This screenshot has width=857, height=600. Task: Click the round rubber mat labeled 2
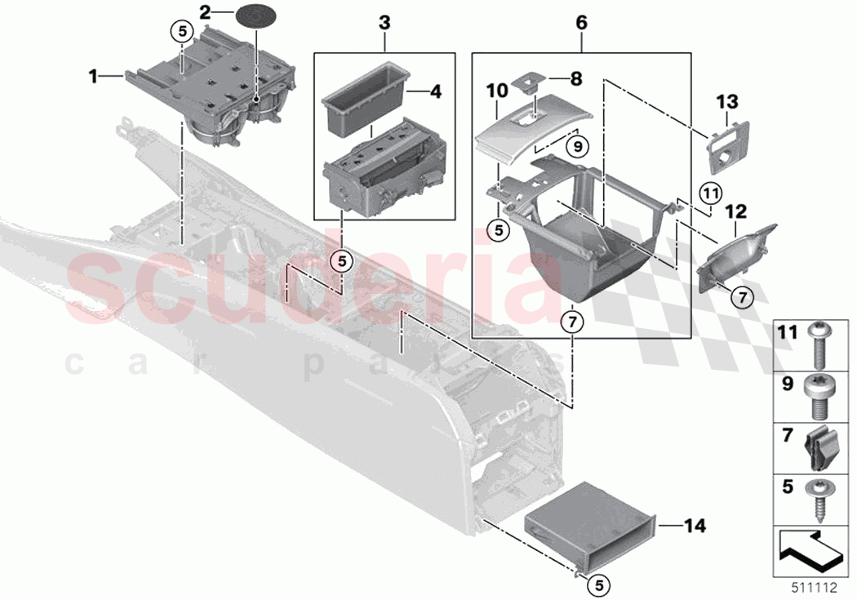pos(254,15)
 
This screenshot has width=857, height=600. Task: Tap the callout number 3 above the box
pos(384,22)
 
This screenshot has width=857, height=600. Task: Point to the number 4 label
pos(435,91)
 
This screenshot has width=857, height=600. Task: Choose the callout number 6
pos(581,22)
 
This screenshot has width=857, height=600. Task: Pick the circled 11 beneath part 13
pos(711,194)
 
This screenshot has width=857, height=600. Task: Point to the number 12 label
pos(735,211)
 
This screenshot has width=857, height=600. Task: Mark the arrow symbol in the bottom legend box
pos(810,549)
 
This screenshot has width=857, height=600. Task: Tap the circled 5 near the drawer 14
pos(599,584)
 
